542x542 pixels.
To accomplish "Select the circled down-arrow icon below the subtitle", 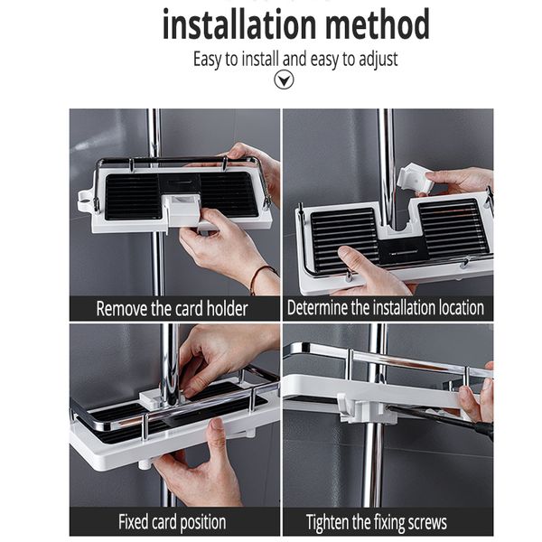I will pyautogui.click(x=284, y=80).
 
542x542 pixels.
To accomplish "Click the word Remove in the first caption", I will pyautogui.click(x=122, y=308).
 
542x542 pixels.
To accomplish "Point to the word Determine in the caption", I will pyautogui.click(x=321, y=308).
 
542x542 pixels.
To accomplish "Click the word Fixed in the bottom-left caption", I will pyautogui.click(x=136, y=521).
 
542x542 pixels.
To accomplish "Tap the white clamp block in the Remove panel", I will pyautogui.click(x=186, y=210).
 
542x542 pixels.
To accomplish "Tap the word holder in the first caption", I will pyautogui.click(x=223, y=308).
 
